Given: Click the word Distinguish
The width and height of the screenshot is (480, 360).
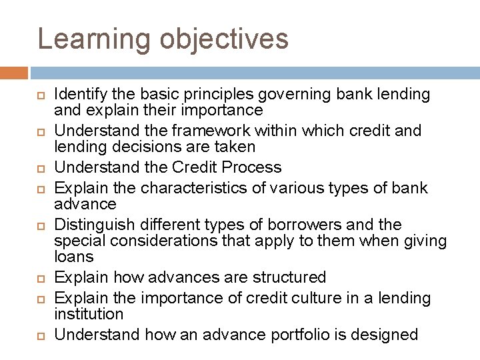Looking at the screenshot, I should pyautogui.click(x=90, y=223).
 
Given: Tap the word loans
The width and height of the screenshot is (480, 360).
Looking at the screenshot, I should pyautogui.click(x=73, y=256).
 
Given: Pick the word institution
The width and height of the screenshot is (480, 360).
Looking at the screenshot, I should pyautogui.click(x=89, y=313).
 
